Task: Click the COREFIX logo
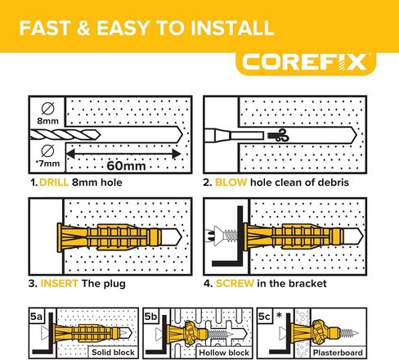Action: [x=305, y=62]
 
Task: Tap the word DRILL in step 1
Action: [x=54, y=182]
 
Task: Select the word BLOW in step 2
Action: [x=231, y=182]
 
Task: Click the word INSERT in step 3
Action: [x=59, y=283]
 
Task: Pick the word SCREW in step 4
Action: [x=235, y=283]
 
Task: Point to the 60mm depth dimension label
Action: [x=126, y=165]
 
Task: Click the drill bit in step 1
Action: [x=65, y=135]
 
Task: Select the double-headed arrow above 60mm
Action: [x=123, y=154]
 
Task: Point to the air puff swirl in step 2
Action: [x=278, y=136]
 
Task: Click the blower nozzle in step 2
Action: [x=234, y=136]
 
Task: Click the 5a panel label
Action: [x=36, y=317]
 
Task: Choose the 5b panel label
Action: [x=150, y=317]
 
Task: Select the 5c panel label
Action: [x=264, y=317]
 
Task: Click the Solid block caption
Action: [x=113, y=353]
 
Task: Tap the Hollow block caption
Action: [x=224, y=353]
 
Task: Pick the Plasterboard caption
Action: [x=338, y=353]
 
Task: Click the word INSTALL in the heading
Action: [x=232, y=28]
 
